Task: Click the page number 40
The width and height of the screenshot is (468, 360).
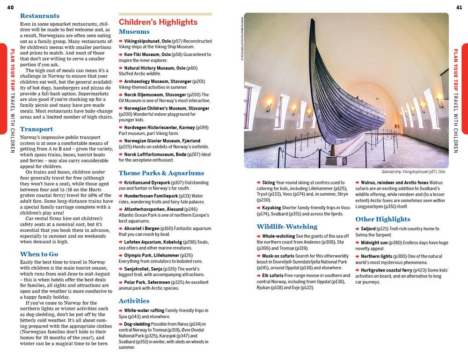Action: (10, 6)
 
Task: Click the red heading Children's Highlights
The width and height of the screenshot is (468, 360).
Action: (158, 22)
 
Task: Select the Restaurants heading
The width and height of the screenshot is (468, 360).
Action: (40, 15)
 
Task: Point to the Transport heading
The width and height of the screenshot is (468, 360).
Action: (37, 129)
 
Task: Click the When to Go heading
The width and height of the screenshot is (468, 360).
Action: (39, 254)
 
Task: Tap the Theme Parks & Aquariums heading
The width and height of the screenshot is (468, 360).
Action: (161, 173)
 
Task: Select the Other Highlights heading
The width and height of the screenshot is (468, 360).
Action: (382, 219)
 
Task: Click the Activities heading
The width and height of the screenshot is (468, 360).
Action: (134, 301)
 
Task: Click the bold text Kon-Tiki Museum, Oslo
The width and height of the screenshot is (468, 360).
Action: (144, 54)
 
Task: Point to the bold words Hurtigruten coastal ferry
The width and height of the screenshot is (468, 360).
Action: (390, 270)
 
